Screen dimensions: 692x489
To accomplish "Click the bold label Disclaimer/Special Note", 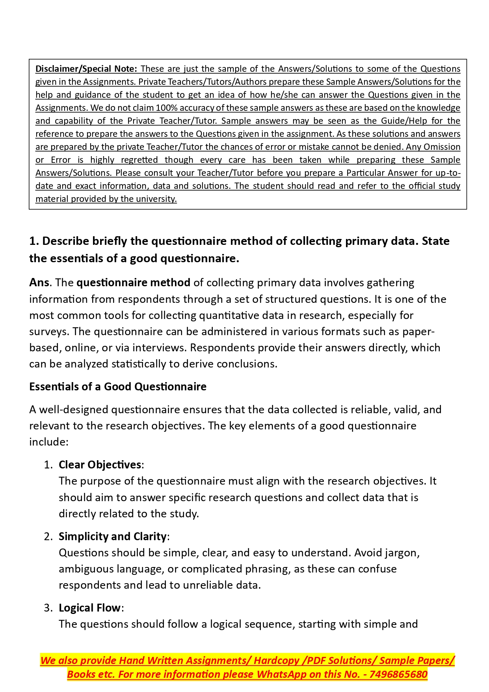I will point(86,69).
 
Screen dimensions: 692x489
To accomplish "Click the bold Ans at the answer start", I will point(39,283).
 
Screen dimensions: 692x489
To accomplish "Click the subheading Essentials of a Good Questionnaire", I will point(117,386).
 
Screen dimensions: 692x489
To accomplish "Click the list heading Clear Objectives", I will point(100,465).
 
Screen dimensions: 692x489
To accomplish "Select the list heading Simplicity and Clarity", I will point(113,537).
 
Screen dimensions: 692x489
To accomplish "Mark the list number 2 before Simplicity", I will point(47,537).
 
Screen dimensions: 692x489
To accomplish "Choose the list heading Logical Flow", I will point(89,608).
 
